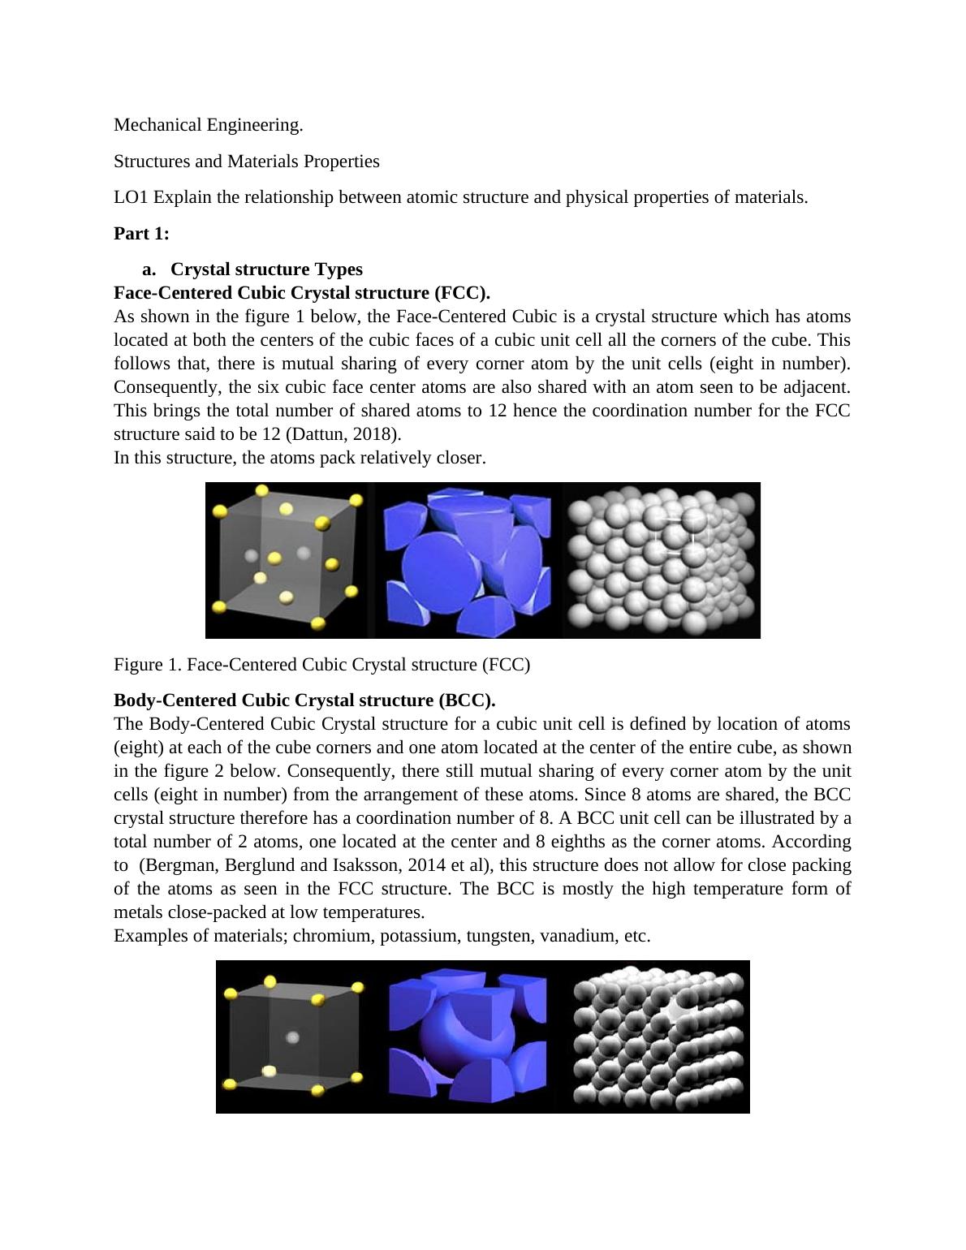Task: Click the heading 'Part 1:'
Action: coord(141,234)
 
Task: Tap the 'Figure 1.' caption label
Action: coord(148,665)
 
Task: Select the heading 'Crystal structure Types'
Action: coord(266,269)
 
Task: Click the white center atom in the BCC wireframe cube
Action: coord(293,1037)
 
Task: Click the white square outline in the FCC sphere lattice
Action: coord(680,535)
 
